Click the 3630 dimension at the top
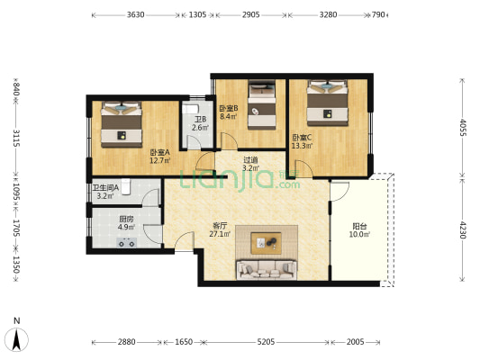[x=136, y=14]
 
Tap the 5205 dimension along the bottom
[x=266, y=342]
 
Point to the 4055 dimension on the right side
[x=463, y=127]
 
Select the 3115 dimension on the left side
[x=16, y=138]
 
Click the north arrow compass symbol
[x=16, y=339]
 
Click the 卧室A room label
[x=159, y=152]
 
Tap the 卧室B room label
[x=229, y=108]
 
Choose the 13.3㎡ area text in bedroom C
[x=302, y=146]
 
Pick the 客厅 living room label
[x=220, y=226]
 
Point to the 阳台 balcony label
[x=359, y=226]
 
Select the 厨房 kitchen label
[x=126, y=220]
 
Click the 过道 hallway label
[x=250, y=160]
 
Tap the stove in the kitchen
[x=127, y=242]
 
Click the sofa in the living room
[x=267, y=270]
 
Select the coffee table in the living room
[x=266, y=243]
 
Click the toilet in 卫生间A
[x=126, y=186]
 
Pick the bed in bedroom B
[x=262, y=104]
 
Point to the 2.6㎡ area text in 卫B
[x=200, y=128]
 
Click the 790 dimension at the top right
[x=378, y=14]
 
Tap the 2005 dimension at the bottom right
[x=355, y=342]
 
